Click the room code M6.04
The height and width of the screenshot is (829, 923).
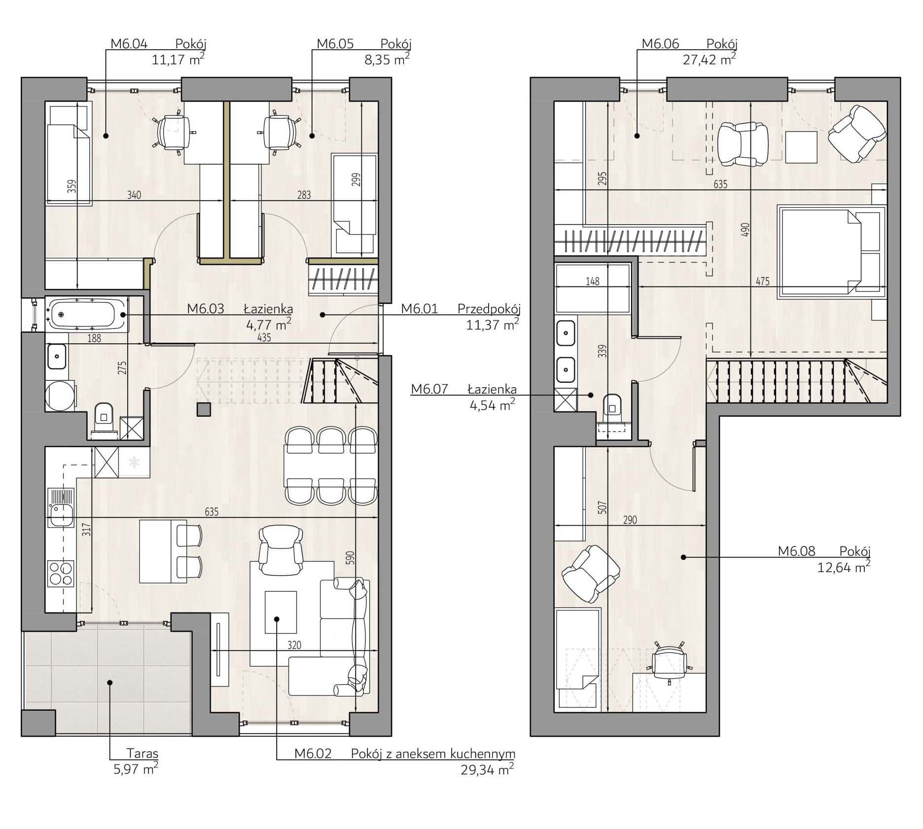point(129,44)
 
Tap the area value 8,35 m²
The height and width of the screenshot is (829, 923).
point(384,60)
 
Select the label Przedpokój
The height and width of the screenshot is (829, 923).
point(489,309)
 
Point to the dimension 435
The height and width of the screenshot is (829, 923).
point(264,338)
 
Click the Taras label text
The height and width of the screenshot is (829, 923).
point(142,753)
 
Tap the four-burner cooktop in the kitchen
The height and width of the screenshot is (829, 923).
point(61,573)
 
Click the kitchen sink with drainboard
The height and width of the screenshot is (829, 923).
point(61,507)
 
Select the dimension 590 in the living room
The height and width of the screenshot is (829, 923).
point(350,558)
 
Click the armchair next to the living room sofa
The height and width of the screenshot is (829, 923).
point(281,550)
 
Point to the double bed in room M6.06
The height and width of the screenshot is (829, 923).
point(831,252)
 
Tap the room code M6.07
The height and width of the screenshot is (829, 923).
point(429,389)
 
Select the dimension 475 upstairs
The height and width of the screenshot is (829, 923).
point(762,282)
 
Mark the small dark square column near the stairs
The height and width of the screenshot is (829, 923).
point(204,409)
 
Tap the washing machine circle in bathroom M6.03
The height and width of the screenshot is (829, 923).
point(60,395)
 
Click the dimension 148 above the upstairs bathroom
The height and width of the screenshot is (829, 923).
point(592,281)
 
